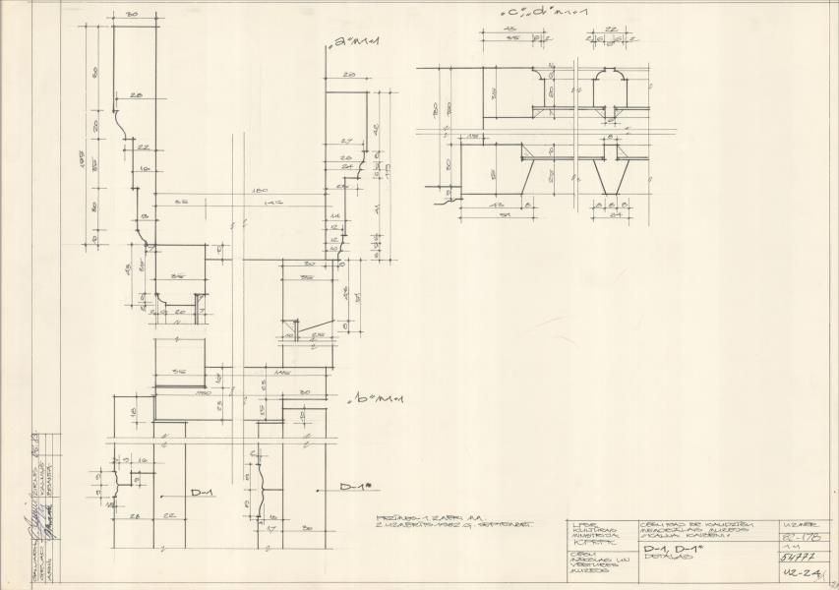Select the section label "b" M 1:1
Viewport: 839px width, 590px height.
coord(363,401)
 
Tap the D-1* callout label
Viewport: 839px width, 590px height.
coord(355,488)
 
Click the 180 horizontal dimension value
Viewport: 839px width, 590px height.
coord(259,190)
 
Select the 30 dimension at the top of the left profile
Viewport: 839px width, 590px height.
coord(131,16)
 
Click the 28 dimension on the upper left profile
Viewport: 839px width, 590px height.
coord(135,95)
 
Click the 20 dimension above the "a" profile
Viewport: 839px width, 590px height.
coord(348,75)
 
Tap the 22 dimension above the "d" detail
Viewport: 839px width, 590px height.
coord(611,29)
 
